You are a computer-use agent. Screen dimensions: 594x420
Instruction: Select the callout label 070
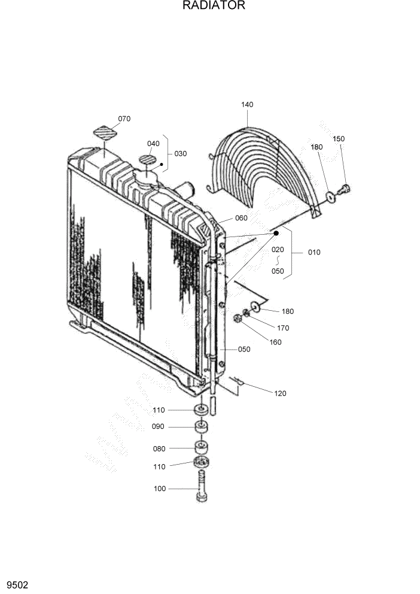coord(124,119)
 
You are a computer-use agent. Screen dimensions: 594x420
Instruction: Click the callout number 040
coord(153,144)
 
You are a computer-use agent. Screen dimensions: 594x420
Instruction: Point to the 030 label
coord(180,154)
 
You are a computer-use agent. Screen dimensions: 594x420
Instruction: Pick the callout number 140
coord(247,105)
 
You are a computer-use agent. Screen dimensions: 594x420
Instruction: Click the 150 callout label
coord(339,139)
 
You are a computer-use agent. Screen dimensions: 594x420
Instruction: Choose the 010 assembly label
coord(314,252)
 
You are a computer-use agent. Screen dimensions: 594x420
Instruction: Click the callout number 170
coord(282,328)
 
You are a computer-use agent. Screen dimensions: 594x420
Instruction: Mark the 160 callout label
coord(275,343)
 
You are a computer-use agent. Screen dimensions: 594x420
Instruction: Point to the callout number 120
coord(280,393)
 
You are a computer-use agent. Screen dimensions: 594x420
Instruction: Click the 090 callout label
coord(159,427)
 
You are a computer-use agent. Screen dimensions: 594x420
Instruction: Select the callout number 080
coord(159,448)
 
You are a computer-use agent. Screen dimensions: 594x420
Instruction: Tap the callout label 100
coord(160,489)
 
